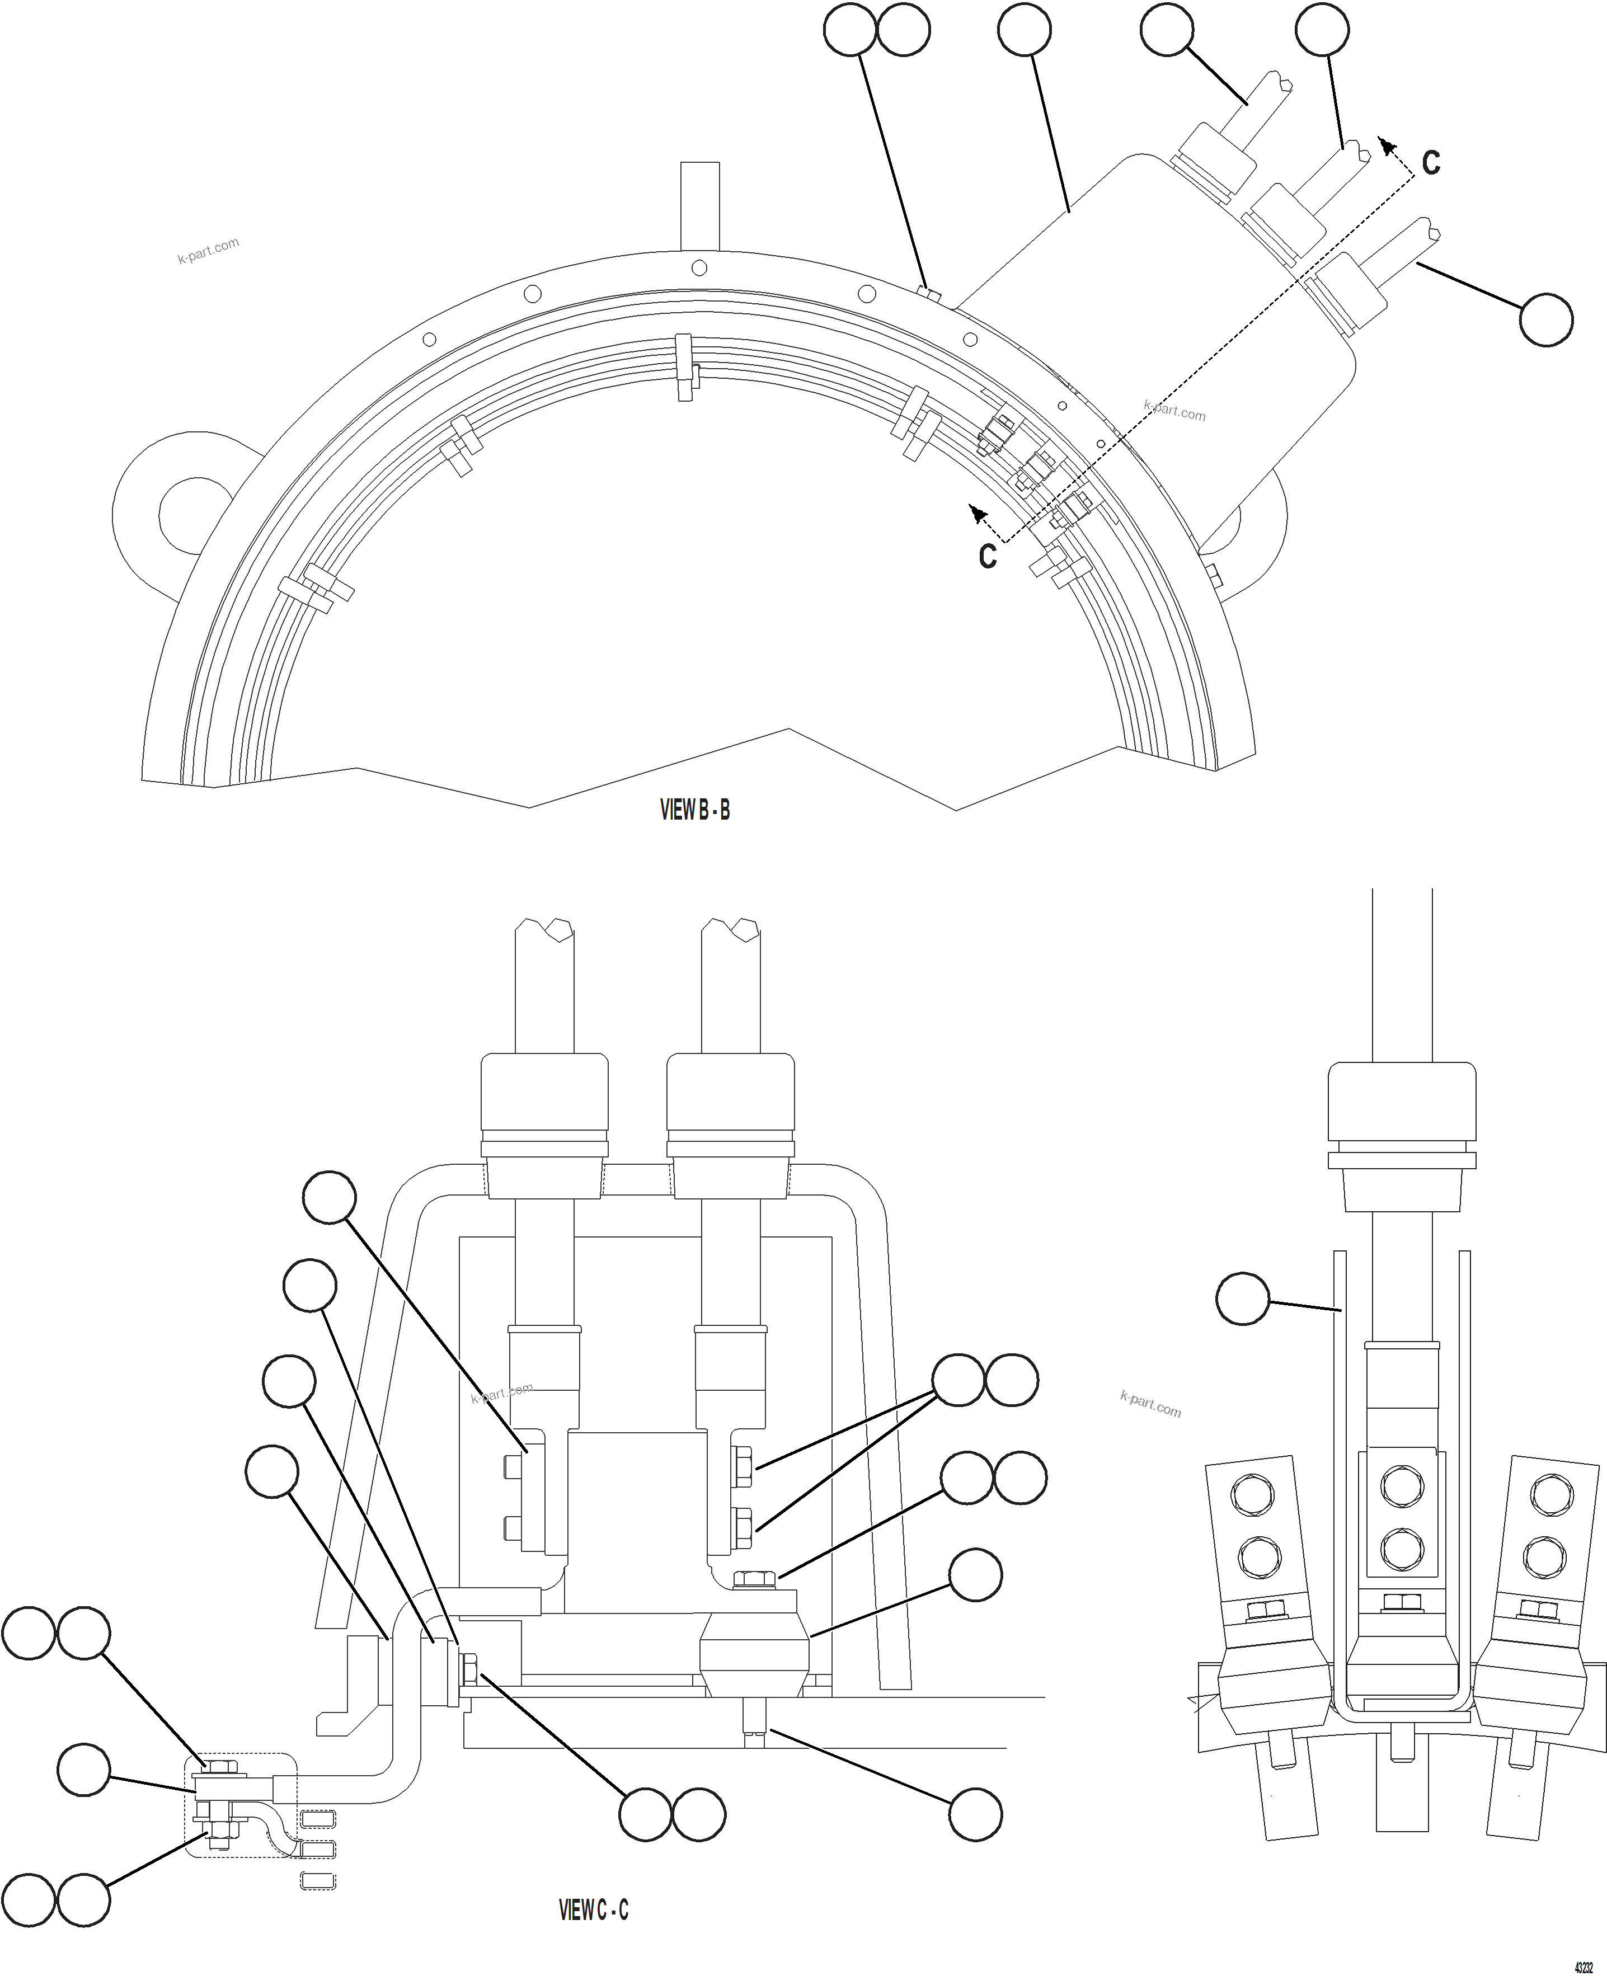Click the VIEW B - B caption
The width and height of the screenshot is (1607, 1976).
(x=694, y=810)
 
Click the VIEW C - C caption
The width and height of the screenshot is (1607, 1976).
(x=593, y=1909)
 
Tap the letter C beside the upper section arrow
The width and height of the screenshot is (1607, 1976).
(x=1430, y=163)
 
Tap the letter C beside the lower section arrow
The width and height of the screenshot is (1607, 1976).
(x=988, y=556)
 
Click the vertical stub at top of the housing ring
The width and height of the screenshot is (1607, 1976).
(x=699, y=205)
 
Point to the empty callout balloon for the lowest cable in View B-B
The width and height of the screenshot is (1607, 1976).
(x=1546, y=319)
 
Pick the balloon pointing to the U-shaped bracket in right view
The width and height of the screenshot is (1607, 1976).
(x=1242, y=1298)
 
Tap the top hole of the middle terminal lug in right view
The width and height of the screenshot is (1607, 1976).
(x=1402, y=1488)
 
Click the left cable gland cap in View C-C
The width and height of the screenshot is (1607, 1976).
(x=544, y=1093)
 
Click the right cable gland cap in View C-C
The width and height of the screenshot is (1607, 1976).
(x=730, y=1093)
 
